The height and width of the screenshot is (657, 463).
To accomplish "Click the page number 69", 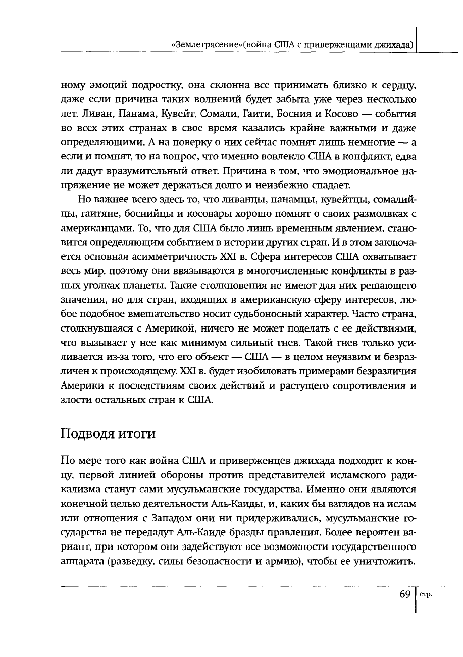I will (x=404, y=595).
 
